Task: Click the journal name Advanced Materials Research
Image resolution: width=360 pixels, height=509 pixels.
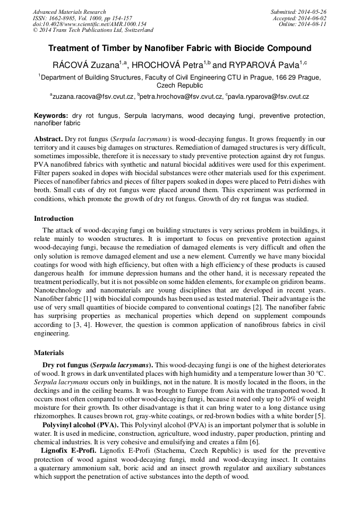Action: pos(69,12)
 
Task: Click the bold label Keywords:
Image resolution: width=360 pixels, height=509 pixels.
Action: pos(51,115)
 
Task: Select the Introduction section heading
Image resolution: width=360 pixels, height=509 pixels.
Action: pos(54,219)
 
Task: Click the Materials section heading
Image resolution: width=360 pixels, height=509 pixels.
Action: pos(49,352)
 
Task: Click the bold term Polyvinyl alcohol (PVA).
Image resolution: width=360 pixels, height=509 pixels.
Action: pos(79,426)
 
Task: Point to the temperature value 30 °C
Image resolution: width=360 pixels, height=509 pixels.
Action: pos(315,374)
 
